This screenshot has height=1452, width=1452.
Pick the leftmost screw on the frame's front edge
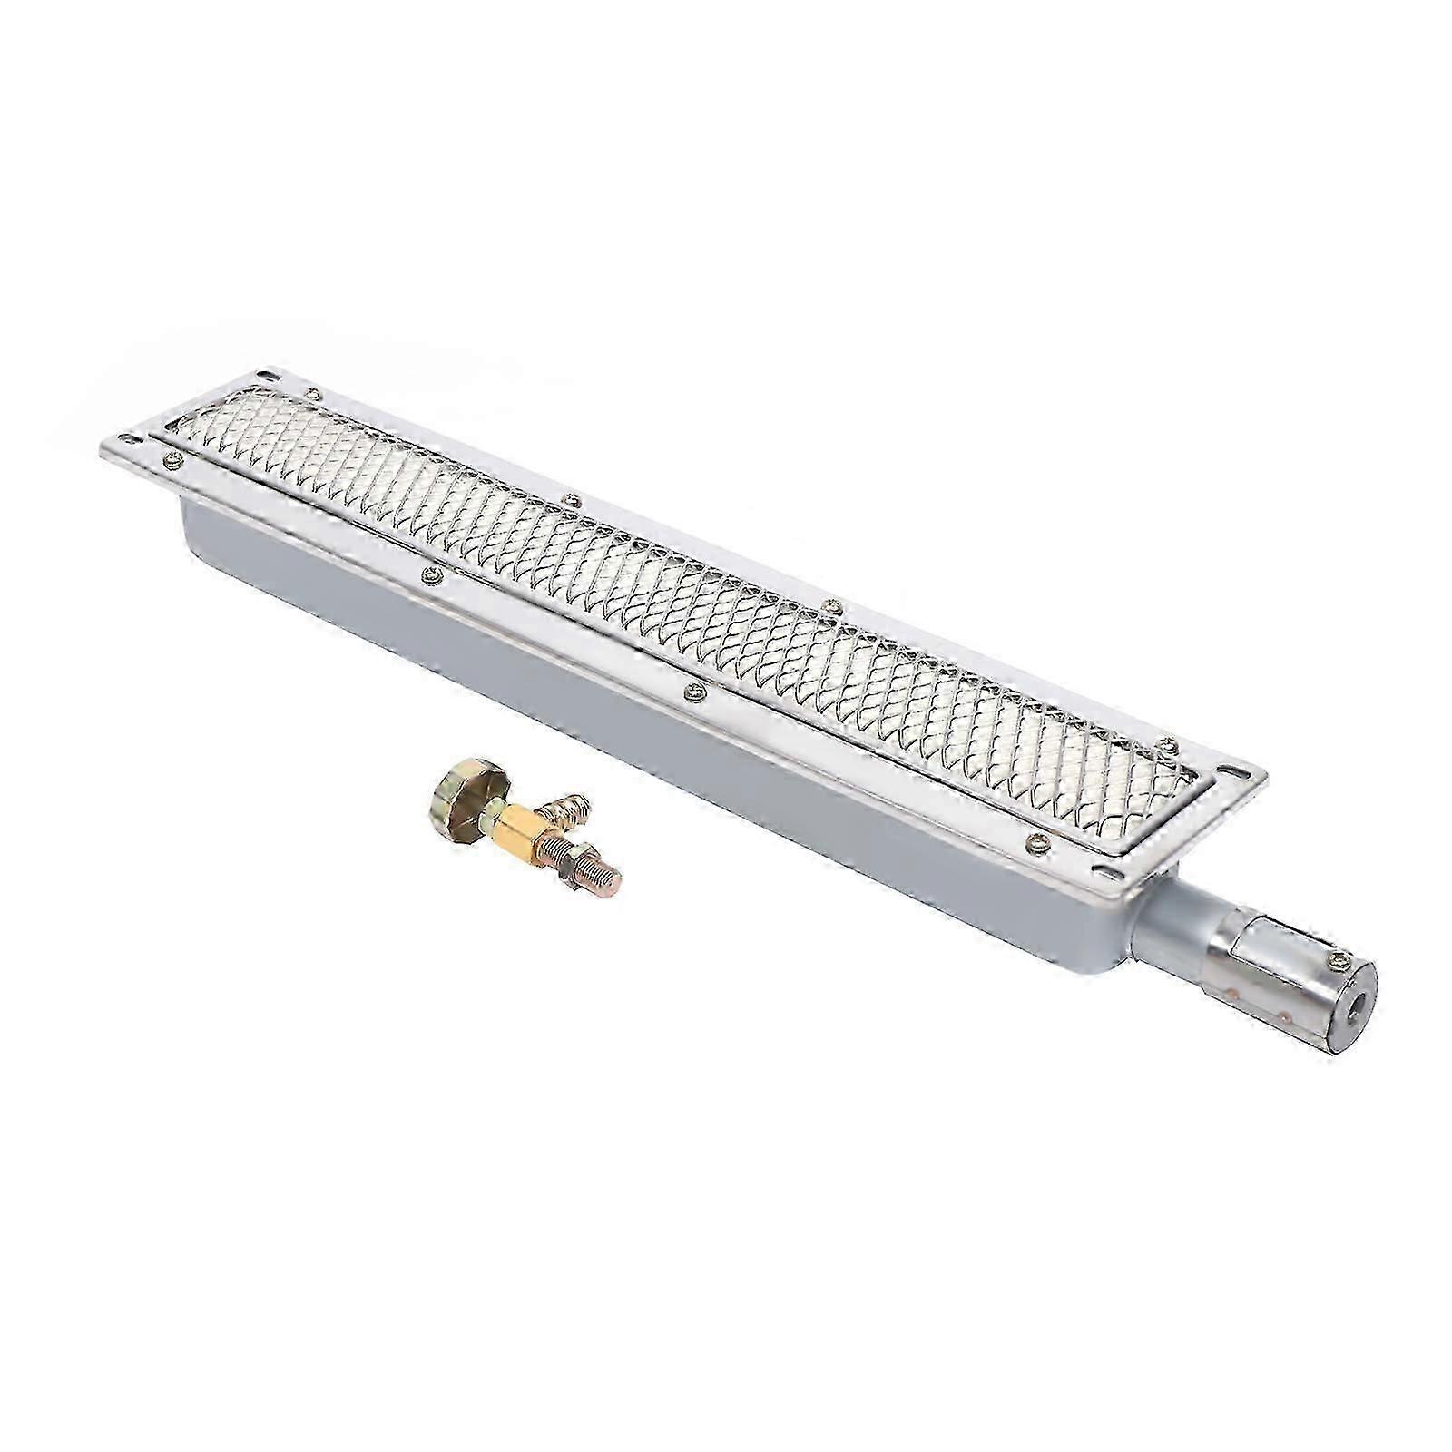[x=169, y=463]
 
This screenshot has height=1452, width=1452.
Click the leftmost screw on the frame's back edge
[x=312, y=393]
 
